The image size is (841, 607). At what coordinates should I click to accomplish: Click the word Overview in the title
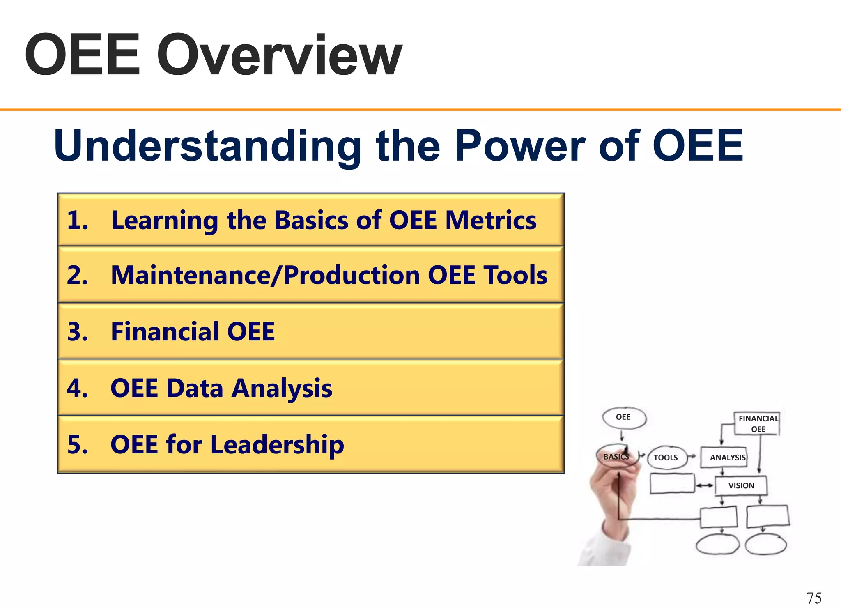click(279, 55)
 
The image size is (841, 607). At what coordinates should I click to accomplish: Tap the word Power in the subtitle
click(519, 146)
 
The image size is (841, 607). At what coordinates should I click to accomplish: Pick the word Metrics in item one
click(491, 220)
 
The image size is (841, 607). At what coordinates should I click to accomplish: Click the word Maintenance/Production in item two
click(265, 275)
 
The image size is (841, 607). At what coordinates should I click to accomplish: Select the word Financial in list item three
click(164, 331)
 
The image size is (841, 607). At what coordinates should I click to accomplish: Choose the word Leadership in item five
click(277, 445)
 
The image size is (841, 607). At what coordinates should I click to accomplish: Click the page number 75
click(814, 598)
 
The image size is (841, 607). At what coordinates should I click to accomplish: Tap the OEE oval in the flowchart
click(623, 418)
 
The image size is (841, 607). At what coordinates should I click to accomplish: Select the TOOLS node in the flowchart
click(666, 458)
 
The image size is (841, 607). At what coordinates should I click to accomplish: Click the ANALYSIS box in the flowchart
click(727, 458)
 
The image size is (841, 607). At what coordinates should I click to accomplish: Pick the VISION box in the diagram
click(741, 486)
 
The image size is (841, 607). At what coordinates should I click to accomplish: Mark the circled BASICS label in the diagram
click(616, 457)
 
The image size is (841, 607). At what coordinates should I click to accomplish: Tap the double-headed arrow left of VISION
click(705, 486)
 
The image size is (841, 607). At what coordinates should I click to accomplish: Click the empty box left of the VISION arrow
click(672, 483)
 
